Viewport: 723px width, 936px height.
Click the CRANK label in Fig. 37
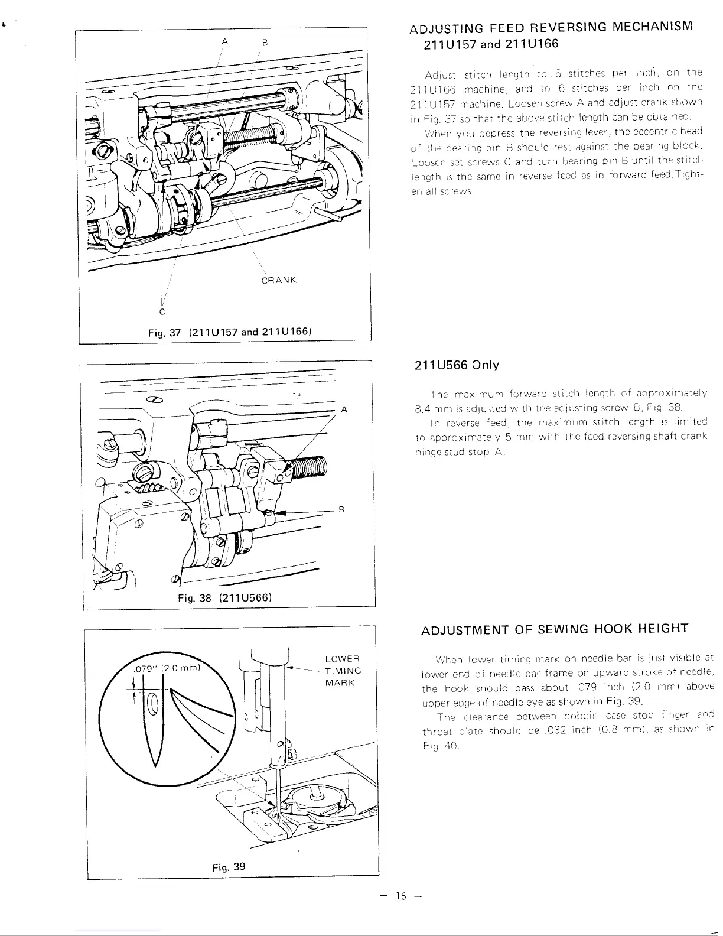click(x=278, y=279)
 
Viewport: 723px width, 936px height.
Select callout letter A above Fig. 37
click(x=224, y=41)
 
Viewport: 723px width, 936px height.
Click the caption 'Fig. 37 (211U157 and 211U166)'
click(x=230, y=331)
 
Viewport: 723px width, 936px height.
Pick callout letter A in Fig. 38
click(x=344, y=409)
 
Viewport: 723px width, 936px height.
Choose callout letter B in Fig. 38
click(x=341, y=509)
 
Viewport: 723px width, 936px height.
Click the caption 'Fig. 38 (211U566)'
click(x=224, y=597)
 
